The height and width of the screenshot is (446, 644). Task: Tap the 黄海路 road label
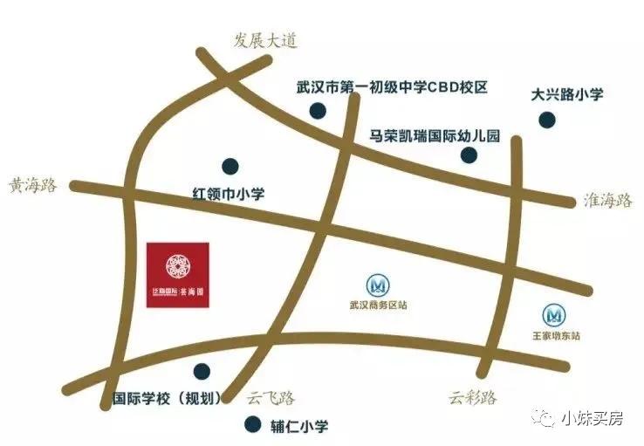(x=33, y=186)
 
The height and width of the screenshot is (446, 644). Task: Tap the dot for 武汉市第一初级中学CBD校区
(x=319, y=111)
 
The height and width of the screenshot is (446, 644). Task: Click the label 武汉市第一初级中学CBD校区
(x=391, y=87)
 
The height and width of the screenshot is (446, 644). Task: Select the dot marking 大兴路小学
(x=546, y=120)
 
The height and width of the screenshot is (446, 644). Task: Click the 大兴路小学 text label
(x=567, y=94)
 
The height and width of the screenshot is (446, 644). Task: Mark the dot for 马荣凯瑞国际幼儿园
(x=469, y=155)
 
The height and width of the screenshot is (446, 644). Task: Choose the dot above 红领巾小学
(x=230, y=165)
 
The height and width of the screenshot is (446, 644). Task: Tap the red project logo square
(x=178, y=272)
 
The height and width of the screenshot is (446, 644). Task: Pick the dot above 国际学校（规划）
(x=202, y=371)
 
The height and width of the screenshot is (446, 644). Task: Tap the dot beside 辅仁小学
(x=252, y=426)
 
